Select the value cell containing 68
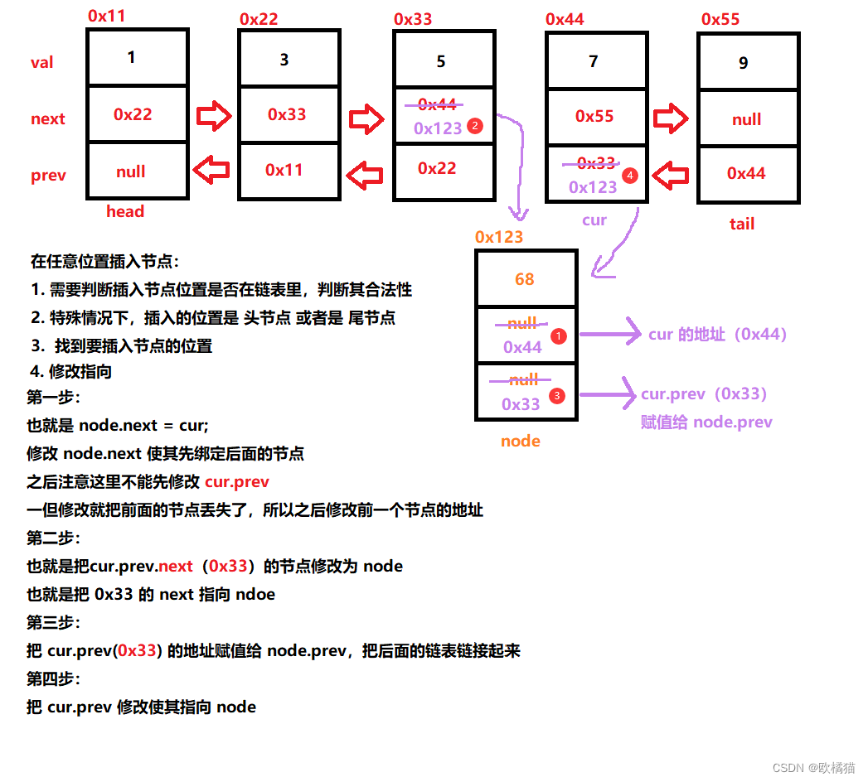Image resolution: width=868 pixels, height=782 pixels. pos(525,279)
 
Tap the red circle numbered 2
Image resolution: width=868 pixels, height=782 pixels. pos(475,126)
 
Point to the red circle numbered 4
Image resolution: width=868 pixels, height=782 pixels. pos(630,176)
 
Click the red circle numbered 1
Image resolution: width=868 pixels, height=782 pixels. pos(559,336)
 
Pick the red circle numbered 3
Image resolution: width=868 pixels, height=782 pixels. pos(556,396)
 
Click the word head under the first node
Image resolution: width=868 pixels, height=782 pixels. pos(125,211)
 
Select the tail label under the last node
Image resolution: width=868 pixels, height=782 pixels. pos(742,224)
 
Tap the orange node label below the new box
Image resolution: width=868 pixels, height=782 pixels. pos(521,441)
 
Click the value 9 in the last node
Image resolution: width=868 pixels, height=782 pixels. pos(744,63)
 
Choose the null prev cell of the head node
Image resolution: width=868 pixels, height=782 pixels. pos(131,171)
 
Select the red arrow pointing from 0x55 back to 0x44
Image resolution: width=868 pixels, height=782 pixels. pos(672,175)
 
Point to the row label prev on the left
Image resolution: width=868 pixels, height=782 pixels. pos(48,176)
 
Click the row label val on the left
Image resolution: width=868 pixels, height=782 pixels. pos(42,62)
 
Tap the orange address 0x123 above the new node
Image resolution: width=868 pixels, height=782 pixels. pos(499,237)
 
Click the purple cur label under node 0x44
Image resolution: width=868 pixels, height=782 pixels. pos(594,220)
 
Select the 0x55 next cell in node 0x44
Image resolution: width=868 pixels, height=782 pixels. pos(594,116)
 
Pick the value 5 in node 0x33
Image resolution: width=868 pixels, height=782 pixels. pos(441,61)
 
